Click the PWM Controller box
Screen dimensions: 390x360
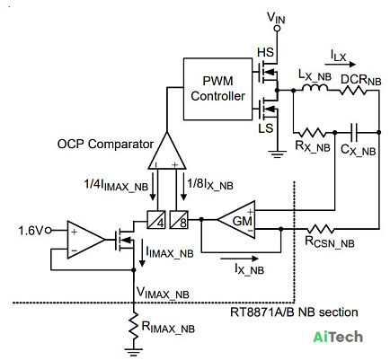[x=217, y=89]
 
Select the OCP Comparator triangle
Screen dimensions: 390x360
[x=167, y=154]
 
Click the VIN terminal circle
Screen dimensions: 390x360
[x=277, y=29]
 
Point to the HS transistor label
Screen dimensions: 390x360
[x=265, y=52]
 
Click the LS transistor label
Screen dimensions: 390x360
[x=265, y=128]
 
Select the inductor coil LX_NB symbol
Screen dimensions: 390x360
[x=315, y=87]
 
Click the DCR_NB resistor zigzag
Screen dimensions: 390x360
[x=353, y=90]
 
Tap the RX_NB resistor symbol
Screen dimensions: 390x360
[x=314, y=132]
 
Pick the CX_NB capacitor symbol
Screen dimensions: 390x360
[x=354, y=132]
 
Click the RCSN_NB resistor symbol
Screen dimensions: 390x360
[x=320, y=229]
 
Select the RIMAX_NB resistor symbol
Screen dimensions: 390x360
[x=134, y=326]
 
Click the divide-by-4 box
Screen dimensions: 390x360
[x=156, y=220]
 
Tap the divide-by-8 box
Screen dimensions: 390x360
[x=179, y=220]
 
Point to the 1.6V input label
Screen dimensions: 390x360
[x=31, y=231]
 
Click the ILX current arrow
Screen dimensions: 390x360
[x=341, y=64]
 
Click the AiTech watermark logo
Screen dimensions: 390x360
[x=338, y=337]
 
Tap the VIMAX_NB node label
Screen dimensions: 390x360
[x=163, y=293]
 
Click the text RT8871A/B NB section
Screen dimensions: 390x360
[x=294, y=312]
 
